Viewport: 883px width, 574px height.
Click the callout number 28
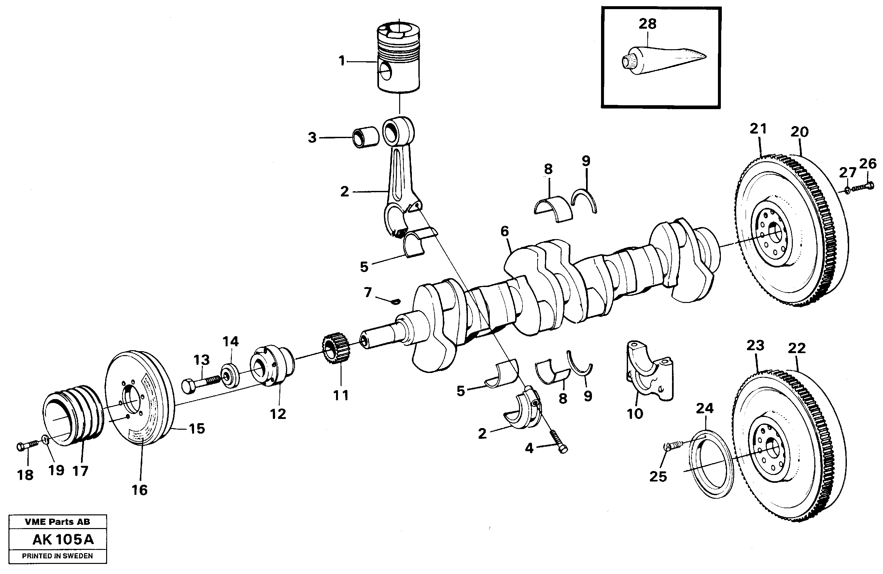tap(647, 24)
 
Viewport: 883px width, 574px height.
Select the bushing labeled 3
tap(365, 138)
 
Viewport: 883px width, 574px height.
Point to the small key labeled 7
tap(396, 301)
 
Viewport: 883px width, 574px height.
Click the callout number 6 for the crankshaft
tap(504, 231)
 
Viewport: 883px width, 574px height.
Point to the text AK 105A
tap(63, 539)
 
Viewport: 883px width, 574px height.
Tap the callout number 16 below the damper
tap(139, 490)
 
